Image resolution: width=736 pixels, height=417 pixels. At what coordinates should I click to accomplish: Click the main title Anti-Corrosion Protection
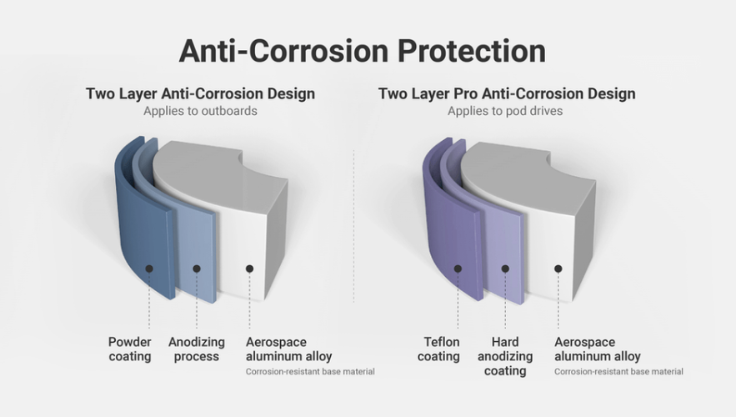pyautogui.click(x=363, y=50)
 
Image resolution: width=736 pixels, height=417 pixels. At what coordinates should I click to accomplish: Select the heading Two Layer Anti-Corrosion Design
pyautogui.click(x=200, y=93)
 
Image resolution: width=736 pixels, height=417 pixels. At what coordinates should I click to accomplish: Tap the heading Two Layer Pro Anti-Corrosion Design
pyautogui.click(x=507, y=93)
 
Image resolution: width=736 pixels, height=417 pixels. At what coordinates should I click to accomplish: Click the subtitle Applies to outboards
pyautogui.click(x=200, y=111)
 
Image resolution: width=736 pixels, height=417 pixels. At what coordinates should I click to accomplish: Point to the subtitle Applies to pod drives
pyautogui.click(x=505, y=111)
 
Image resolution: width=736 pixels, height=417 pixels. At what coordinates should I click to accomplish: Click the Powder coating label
pyautogui.click(x=130, y=349)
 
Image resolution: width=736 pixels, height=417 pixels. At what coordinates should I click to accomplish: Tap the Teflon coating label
pyautogui.click(x=438, y=349)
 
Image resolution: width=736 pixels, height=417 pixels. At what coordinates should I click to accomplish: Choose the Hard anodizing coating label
pyautogui.click(x=505, y=356)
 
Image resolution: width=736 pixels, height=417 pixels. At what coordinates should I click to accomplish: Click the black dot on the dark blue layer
pyautogui.click(x=149, y=269)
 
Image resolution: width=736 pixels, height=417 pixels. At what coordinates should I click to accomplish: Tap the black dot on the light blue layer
pyautogui.click(x=197, y=269)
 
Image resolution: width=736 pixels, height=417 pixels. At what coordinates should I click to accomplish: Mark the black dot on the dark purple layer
pyautogui.click(x=458, y=269)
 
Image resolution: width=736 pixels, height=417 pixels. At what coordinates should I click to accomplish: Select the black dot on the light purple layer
pyautogui.click(x=505, y=269)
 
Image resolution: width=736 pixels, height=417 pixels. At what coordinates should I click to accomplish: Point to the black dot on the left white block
pyautogui.click(x=249, y=269)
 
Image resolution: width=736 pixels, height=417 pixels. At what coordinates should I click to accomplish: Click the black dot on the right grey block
pyautogui.click(x=558, y=269)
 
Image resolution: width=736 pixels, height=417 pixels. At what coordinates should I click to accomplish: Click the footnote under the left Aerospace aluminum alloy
pyautogui.click(x=310, y=372)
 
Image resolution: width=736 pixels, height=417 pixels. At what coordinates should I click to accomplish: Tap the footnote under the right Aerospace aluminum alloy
pyautogui.click(x=618, y=372)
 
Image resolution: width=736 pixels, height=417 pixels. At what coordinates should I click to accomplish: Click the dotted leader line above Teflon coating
pyautogui.click(x=458, y=304)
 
